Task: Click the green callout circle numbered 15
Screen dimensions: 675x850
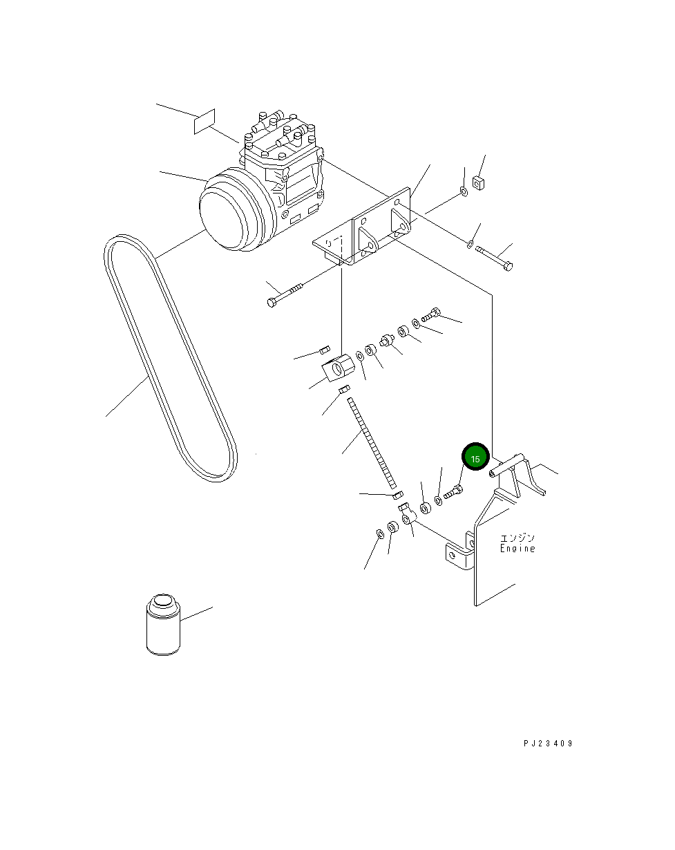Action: pyautogui.click(x=475, y=457)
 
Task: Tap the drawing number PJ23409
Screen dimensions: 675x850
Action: pyautogui.click(x=548, y=744)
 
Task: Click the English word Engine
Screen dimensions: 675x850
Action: pyautogui.click(x=517, y=548)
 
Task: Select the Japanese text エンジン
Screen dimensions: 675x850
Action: pyautogui.click(x=517, y=538)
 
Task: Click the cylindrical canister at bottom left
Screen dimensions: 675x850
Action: pyautogui.click(x=163, y=624)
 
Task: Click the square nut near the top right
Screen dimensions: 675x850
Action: pyautogui.click(x=478, y=182)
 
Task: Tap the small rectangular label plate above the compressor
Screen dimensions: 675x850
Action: pyautogui.click(x=205, y=121)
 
